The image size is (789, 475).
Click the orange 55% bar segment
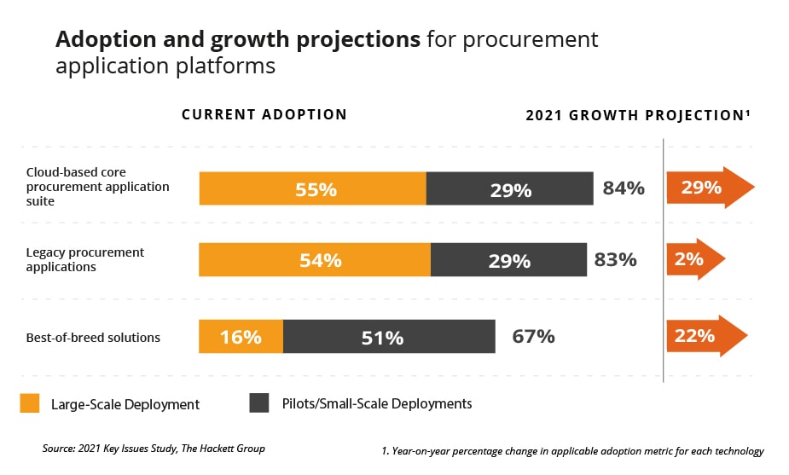[312, 188]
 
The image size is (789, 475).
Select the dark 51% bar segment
[389, 337]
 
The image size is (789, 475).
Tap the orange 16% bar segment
[241, 337]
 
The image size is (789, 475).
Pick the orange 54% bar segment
[315, 260]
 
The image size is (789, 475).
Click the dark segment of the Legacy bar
[508, 260]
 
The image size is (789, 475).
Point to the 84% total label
[624, 188]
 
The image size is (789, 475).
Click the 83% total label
[616, 259]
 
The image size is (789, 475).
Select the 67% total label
[534, 336]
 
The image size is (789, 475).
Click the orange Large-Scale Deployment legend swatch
[30, 403]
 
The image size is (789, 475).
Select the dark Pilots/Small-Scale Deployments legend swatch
[259, 403]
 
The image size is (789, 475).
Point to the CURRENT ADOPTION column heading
[264, 114]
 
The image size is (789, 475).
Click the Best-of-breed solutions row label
[93, 338]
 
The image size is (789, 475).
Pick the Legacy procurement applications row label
[85, 259]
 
